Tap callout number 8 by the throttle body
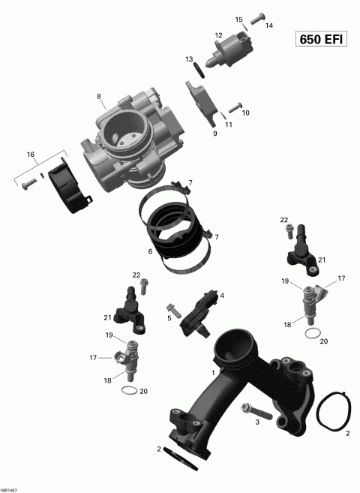[98, 96]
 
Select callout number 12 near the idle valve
[218, 35]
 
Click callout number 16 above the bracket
[31, 155]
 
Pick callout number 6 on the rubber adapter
[150, 251]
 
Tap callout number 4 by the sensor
[222, 296]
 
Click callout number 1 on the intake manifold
[214, 372]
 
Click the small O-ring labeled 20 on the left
[128, 392]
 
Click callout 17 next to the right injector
[341, 278]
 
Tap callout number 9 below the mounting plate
[214, 134]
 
